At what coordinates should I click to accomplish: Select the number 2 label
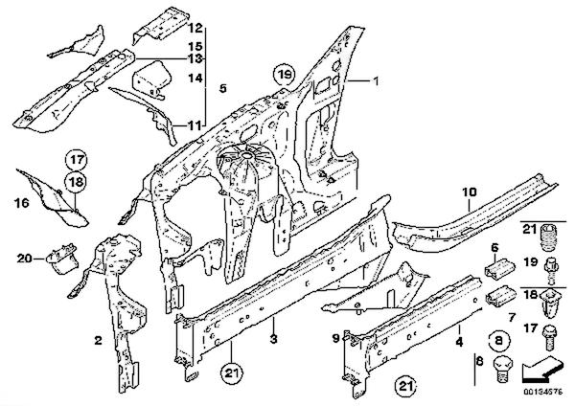pyautogui.click(x=99, y=340)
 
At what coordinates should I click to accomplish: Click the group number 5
pyautogui.click(x=222, y=89)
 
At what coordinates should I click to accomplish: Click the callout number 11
pyautogui.click(x=195, y=124)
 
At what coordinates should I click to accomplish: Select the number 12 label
pyautogui.click(x=195, y=28)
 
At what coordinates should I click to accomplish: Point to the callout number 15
pyautogui.click(x=195, y=46)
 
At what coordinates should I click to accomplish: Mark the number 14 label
pyautogui.click(x=195, y=79)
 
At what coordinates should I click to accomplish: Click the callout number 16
pyautogui.click(x=22, y=203)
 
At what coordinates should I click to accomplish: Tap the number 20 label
pyautogui.click(x=25, y=258)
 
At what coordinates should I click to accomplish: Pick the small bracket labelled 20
pyautogui.click(x=62, y=259)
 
